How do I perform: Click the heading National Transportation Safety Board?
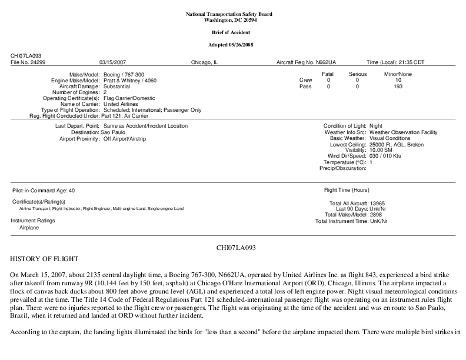[232, 14]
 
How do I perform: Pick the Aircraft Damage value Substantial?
[116, 86]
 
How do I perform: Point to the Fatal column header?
[328, 74]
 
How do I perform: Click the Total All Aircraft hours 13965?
[377, 203]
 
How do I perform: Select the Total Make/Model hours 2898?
[375, 215]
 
